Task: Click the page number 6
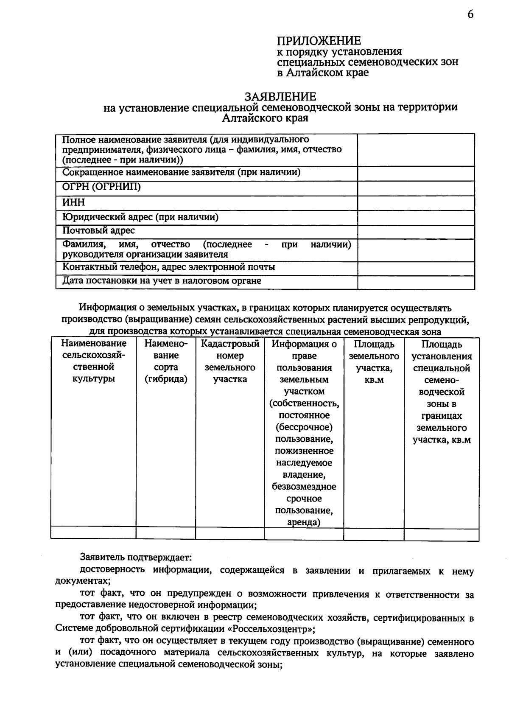470,15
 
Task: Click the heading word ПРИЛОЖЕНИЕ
319,41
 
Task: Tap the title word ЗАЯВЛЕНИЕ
280,97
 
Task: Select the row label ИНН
74,203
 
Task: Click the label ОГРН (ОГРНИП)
101,187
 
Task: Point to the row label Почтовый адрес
98,231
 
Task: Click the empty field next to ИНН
416,203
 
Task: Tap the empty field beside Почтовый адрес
416,232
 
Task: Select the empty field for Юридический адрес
416,218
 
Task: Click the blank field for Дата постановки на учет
416,282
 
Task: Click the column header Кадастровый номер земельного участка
230,361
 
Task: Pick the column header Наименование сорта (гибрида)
166,361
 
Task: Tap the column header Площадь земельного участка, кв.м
374,362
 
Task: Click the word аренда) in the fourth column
303,522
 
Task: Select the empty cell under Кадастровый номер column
230,533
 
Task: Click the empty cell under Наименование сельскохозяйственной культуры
93,533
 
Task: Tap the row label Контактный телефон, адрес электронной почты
169,267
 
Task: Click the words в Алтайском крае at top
323,73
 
